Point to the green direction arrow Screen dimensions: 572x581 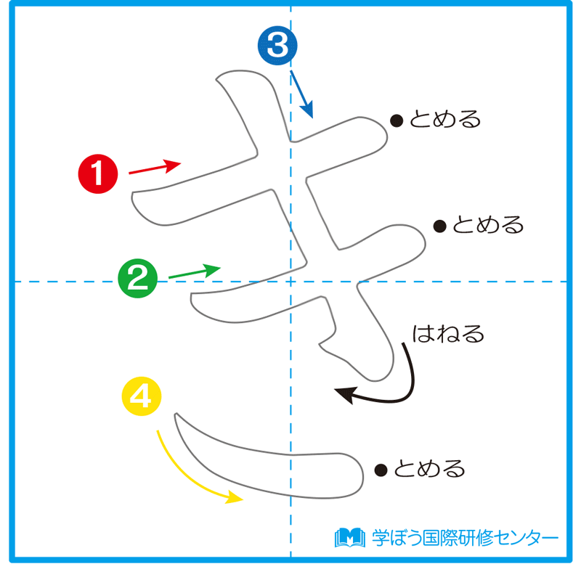pos(194,272)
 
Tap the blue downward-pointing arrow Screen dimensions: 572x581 pos(301,94)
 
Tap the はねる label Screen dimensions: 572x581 pos(448,335)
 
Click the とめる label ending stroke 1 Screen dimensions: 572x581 pos(445,119)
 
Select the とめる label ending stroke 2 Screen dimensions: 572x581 pos(488,225)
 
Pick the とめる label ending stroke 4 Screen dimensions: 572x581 pos(430,470)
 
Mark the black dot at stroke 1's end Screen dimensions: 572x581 pos(397,120)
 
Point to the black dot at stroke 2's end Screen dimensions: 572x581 pos(439,226)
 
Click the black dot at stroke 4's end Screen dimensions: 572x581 pos(380,470)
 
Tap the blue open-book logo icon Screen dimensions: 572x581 pos(349,538)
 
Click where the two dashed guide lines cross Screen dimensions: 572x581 pos(290,281)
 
